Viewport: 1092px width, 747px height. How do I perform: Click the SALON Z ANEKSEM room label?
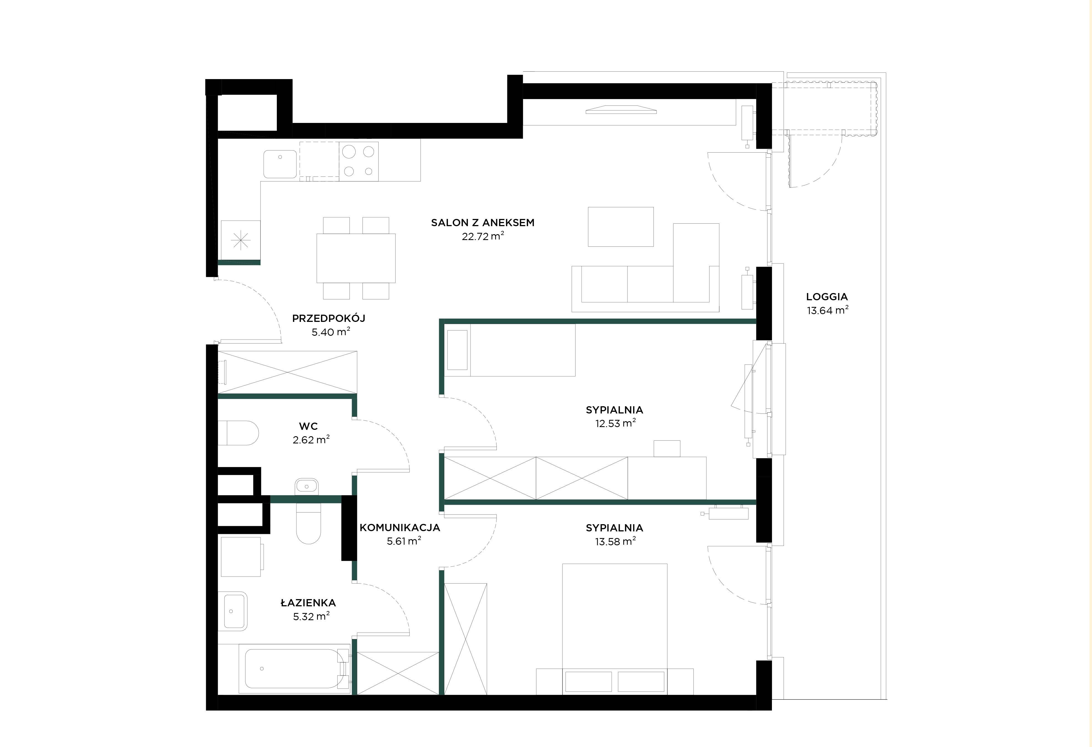483,223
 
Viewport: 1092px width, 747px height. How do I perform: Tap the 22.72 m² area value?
483,236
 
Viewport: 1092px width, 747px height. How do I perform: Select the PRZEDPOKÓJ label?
328,318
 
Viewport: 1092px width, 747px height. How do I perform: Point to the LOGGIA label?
827,297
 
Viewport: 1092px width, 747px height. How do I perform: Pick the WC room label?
308,427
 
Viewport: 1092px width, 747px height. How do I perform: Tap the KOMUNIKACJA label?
400,528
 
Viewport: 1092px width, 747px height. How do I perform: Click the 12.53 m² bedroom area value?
615,423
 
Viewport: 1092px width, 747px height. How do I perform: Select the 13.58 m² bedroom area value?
615,541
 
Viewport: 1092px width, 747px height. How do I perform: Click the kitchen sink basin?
280,164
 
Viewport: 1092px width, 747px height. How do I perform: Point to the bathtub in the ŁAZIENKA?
294,668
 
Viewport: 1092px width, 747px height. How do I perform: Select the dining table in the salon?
356,258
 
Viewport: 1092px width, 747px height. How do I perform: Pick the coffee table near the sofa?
621,227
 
